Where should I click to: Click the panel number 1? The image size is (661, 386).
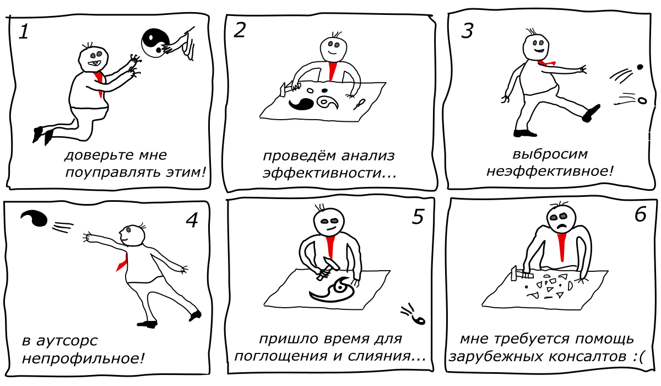tap(24, 31)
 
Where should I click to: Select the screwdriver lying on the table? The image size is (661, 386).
tap(359, 104)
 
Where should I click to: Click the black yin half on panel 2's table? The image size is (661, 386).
tap(301, 104)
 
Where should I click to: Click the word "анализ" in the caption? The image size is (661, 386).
tap(368, 156)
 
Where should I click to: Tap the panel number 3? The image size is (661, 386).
tap(467, 31)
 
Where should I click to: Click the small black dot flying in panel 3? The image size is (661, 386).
tap(640, 67)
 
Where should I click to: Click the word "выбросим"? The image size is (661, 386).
tap(550, 154)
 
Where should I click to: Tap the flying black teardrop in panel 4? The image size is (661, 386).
tap(34, 218)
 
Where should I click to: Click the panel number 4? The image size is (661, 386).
tap(192, 220)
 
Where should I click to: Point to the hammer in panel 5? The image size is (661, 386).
tap(328, 268)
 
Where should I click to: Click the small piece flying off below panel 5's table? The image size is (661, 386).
tap(419, 319)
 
